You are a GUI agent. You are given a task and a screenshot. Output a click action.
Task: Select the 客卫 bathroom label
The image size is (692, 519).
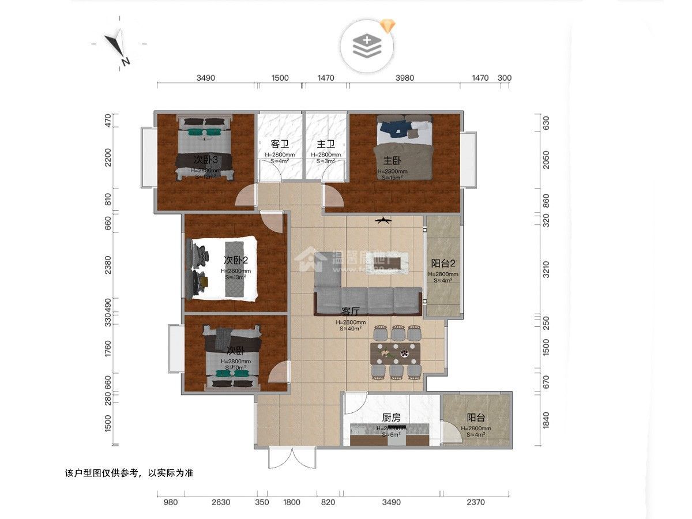(x=279, y=144)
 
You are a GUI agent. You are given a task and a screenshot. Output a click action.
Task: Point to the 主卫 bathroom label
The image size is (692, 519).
(x=325, y=144)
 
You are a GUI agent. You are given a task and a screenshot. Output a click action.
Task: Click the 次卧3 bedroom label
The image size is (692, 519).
(x=205, y=159)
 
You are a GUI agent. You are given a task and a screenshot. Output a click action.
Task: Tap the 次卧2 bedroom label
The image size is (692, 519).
(x=235, y=261)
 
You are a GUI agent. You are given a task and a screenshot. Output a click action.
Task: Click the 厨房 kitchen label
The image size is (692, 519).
(x=392, y=418)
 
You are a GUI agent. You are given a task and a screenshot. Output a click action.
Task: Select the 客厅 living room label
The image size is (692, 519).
(x=351, y=312)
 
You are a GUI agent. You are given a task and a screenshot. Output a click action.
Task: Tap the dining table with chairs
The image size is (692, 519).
(x=398, y=352)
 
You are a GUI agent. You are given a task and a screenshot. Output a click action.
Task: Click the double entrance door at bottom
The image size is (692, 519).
(x=292, y=458)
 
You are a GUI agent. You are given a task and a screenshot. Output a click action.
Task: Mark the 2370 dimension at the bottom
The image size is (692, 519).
(x=476, y=502)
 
